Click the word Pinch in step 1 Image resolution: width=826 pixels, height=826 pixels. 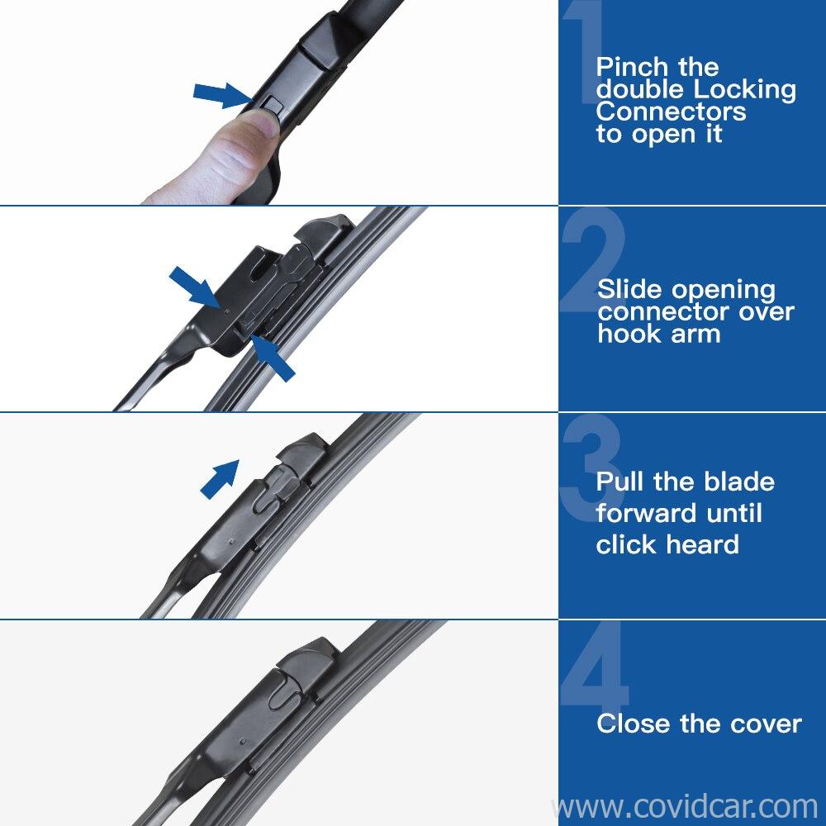[632, 68]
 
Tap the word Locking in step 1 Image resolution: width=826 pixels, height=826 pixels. [744, 89]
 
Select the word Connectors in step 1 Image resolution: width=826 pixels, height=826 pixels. [671, 112]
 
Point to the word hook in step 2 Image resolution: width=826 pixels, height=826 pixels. [624, 334]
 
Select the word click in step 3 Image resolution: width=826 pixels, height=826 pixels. [626, 544]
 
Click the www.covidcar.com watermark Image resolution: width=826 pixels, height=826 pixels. [685, 806]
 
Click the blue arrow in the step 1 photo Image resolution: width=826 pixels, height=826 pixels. [221, 95]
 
